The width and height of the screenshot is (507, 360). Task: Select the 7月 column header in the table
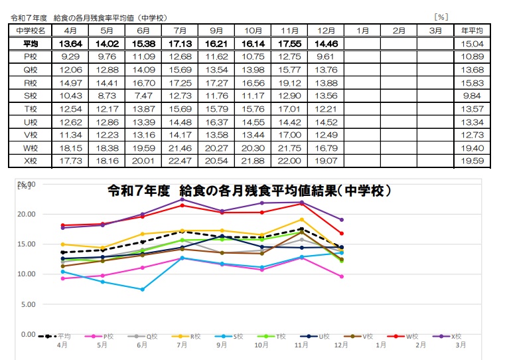point(179,31)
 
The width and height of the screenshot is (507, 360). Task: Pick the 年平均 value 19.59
point(472,161)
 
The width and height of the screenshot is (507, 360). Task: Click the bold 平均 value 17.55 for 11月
point(289,44)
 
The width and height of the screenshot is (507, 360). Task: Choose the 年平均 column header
point(472,31)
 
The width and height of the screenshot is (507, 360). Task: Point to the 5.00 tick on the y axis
point(28,304)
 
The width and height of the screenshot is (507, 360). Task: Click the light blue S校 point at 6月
point(143,290)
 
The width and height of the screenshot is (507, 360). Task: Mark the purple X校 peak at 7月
point(182,199)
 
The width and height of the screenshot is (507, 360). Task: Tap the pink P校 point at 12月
point(340,276)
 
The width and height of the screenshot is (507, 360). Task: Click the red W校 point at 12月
point(340,233)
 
